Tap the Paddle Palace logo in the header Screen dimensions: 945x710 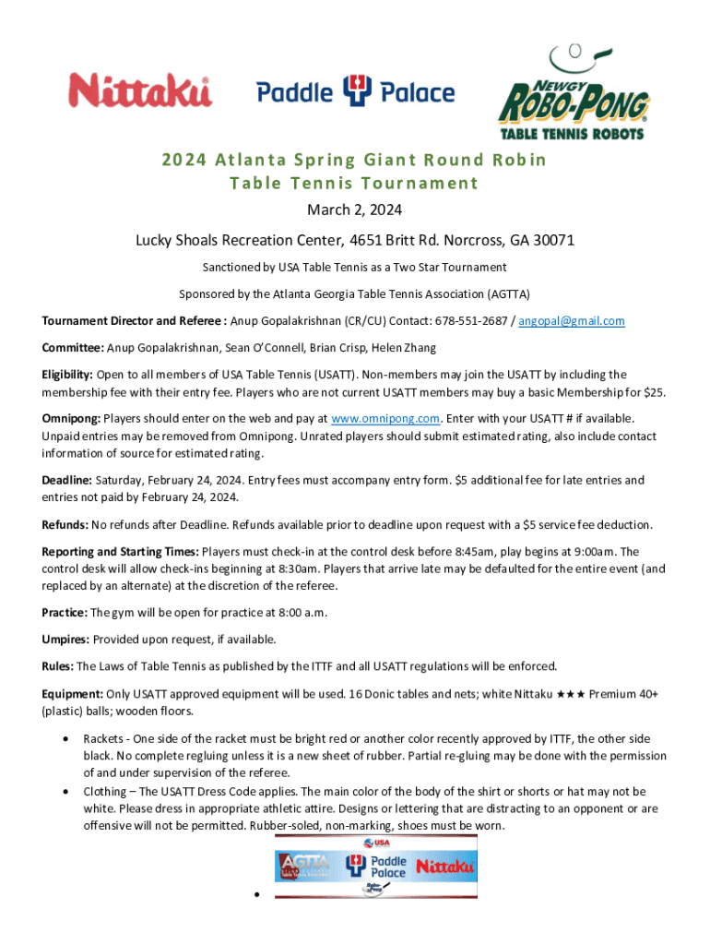pyautogui.click(x=355, y=92)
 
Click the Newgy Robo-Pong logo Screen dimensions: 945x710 pyautogui.click(x=574, y=91)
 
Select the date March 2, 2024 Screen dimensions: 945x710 pyautogui.click(x=354, y=211)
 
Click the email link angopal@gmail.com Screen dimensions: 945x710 pyautogui.click(x=571, y=321)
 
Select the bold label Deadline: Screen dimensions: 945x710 pyautogui.click(x=66, y=480)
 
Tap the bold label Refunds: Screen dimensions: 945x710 pyautogui.click(x=65, y=525)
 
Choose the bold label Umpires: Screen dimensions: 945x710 pyautogui.click(x=65, y=639)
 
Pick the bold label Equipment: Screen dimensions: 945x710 pyautogui.click(x=72, y=693)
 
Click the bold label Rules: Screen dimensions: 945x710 pyautogui.click(x=58, y=665)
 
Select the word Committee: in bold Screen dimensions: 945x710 pyautogui.click(x=72, y=348)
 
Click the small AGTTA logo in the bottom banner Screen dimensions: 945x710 pyautogui.click(x=302, y=867)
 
